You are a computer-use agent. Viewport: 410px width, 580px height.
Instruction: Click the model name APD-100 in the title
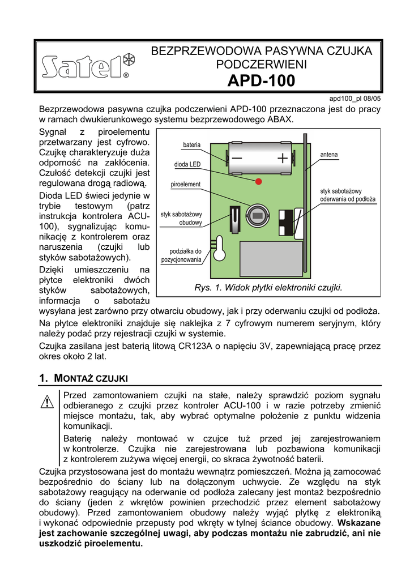[x=261, y=82]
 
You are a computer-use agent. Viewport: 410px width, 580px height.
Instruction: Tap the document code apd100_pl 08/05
[x=355, y=98]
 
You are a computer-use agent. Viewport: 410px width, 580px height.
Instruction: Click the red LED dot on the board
[x=259, y=181]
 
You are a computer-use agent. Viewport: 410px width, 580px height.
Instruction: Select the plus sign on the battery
[x=283, y=158]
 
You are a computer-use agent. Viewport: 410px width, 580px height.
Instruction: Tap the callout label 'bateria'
[x=191, y=145]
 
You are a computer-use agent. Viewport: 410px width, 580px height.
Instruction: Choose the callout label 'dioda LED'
[x=187, y=164]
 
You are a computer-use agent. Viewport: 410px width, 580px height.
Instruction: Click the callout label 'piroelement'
[x=186, y=185]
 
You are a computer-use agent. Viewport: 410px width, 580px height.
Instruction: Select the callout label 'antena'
[x=329, y=154]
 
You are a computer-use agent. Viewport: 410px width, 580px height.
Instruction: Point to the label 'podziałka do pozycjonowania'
[x=181, y=255]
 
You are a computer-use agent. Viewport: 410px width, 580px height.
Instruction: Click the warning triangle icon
[x=47, y=402]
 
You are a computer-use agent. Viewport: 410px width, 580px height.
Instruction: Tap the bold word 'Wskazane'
[x=359, y=522]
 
